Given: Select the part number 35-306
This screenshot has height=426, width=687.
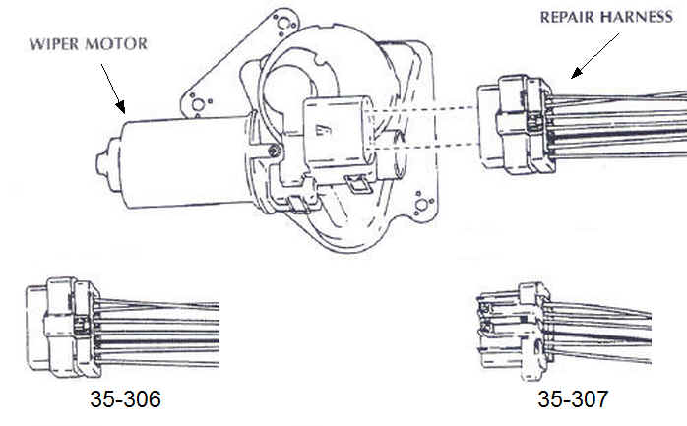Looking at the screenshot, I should tap(126, 400).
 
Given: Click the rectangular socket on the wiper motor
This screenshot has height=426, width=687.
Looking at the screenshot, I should tap(334, 131).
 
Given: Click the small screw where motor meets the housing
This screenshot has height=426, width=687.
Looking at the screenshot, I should tap(271, 150).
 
